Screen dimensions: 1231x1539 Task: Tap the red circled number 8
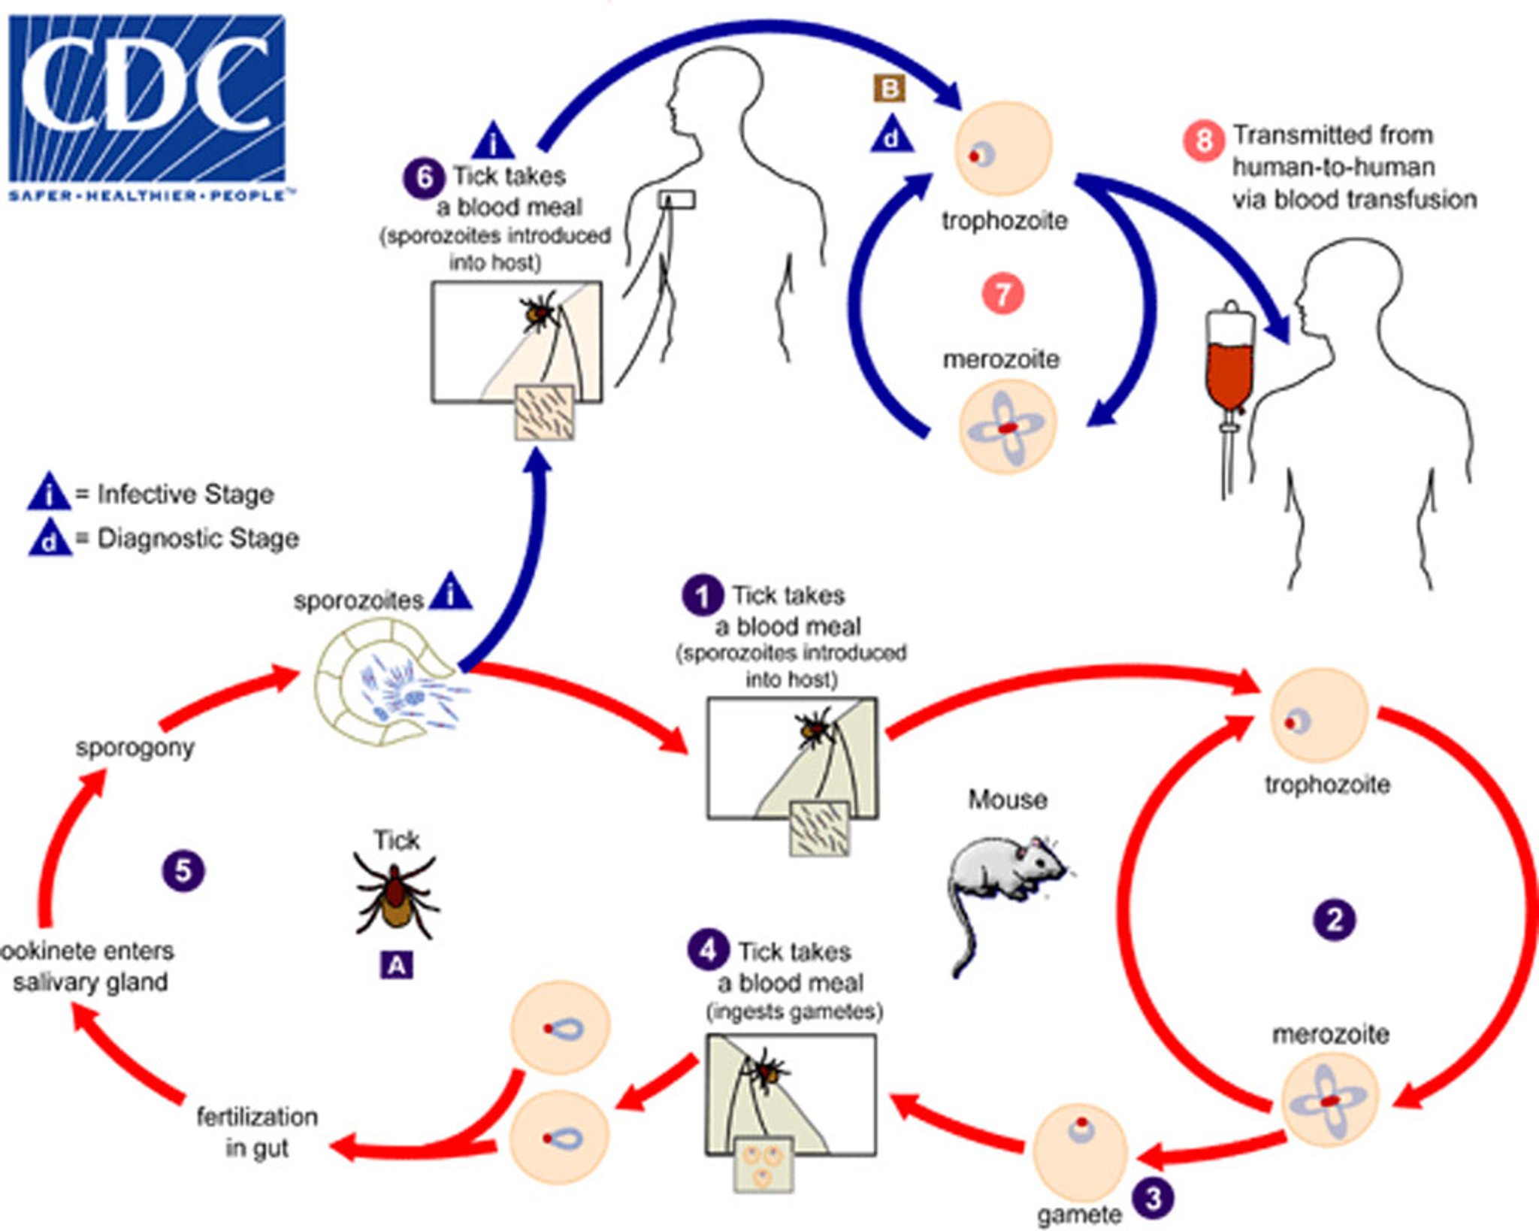coord(1203,141)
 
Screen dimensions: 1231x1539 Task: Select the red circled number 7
coord(1002,294)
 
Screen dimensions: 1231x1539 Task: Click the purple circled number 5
coord(183,871)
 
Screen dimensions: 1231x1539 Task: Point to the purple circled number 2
coord(1334,920)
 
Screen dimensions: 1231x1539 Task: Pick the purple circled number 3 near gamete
coord(1153,1198)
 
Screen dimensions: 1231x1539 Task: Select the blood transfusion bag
coord(1229,361)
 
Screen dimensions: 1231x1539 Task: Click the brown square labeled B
coord(889,89)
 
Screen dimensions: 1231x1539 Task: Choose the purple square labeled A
coord(396,965)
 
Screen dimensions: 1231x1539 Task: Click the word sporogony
coord(135,748)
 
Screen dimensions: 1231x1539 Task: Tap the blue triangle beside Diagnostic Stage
coord(50,538)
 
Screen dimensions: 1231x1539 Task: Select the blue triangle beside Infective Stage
coord(50,493)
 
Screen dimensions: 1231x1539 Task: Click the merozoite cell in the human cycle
coord(1008,427)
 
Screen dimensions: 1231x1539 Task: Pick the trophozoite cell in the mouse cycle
coord(1319,716)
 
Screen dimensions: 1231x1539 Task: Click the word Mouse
coord(1007,800)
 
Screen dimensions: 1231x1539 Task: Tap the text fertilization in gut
coord(257,1132)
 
